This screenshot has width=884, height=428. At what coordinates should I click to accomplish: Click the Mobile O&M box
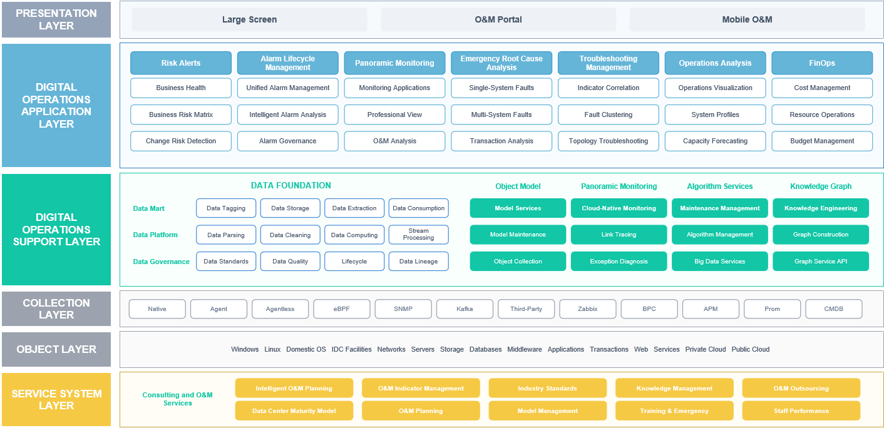[747, 19]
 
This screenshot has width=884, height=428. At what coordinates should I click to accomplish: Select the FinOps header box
[822, 63]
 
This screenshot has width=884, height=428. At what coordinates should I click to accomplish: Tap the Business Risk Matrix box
[181, 115]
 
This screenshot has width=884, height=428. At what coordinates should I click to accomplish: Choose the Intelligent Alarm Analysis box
[288, 115]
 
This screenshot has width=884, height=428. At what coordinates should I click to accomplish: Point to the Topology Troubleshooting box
[608, 141]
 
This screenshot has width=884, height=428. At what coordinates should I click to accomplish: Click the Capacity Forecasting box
[715, 141]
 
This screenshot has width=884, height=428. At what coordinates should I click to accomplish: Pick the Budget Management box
[822, 141]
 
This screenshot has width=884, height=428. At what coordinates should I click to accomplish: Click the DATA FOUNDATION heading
[291, 185]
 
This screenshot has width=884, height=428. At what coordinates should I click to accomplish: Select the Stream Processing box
[418, 234]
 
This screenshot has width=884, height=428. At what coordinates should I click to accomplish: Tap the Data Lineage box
[418, 261]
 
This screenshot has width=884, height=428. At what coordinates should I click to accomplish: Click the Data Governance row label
[161, 262]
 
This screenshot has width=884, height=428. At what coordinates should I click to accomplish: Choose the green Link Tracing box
[619, 234]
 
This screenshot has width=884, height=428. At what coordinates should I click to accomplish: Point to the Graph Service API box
[821, 261]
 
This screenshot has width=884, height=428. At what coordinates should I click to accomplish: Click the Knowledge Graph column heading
[821, 186]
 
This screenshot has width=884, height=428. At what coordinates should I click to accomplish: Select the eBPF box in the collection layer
[341, 309]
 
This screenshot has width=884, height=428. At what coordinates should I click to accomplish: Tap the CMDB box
[833, 309]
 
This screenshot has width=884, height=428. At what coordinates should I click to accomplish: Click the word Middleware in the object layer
[525, 349]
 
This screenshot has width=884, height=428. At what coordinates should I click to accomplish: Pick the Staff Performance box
[801, 410]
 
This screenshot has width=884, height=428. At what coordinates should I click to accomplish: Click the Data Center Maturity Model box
[294, 410]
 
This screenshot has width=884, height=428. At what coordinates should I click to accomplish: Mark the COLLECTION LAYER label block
[56, 309]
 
